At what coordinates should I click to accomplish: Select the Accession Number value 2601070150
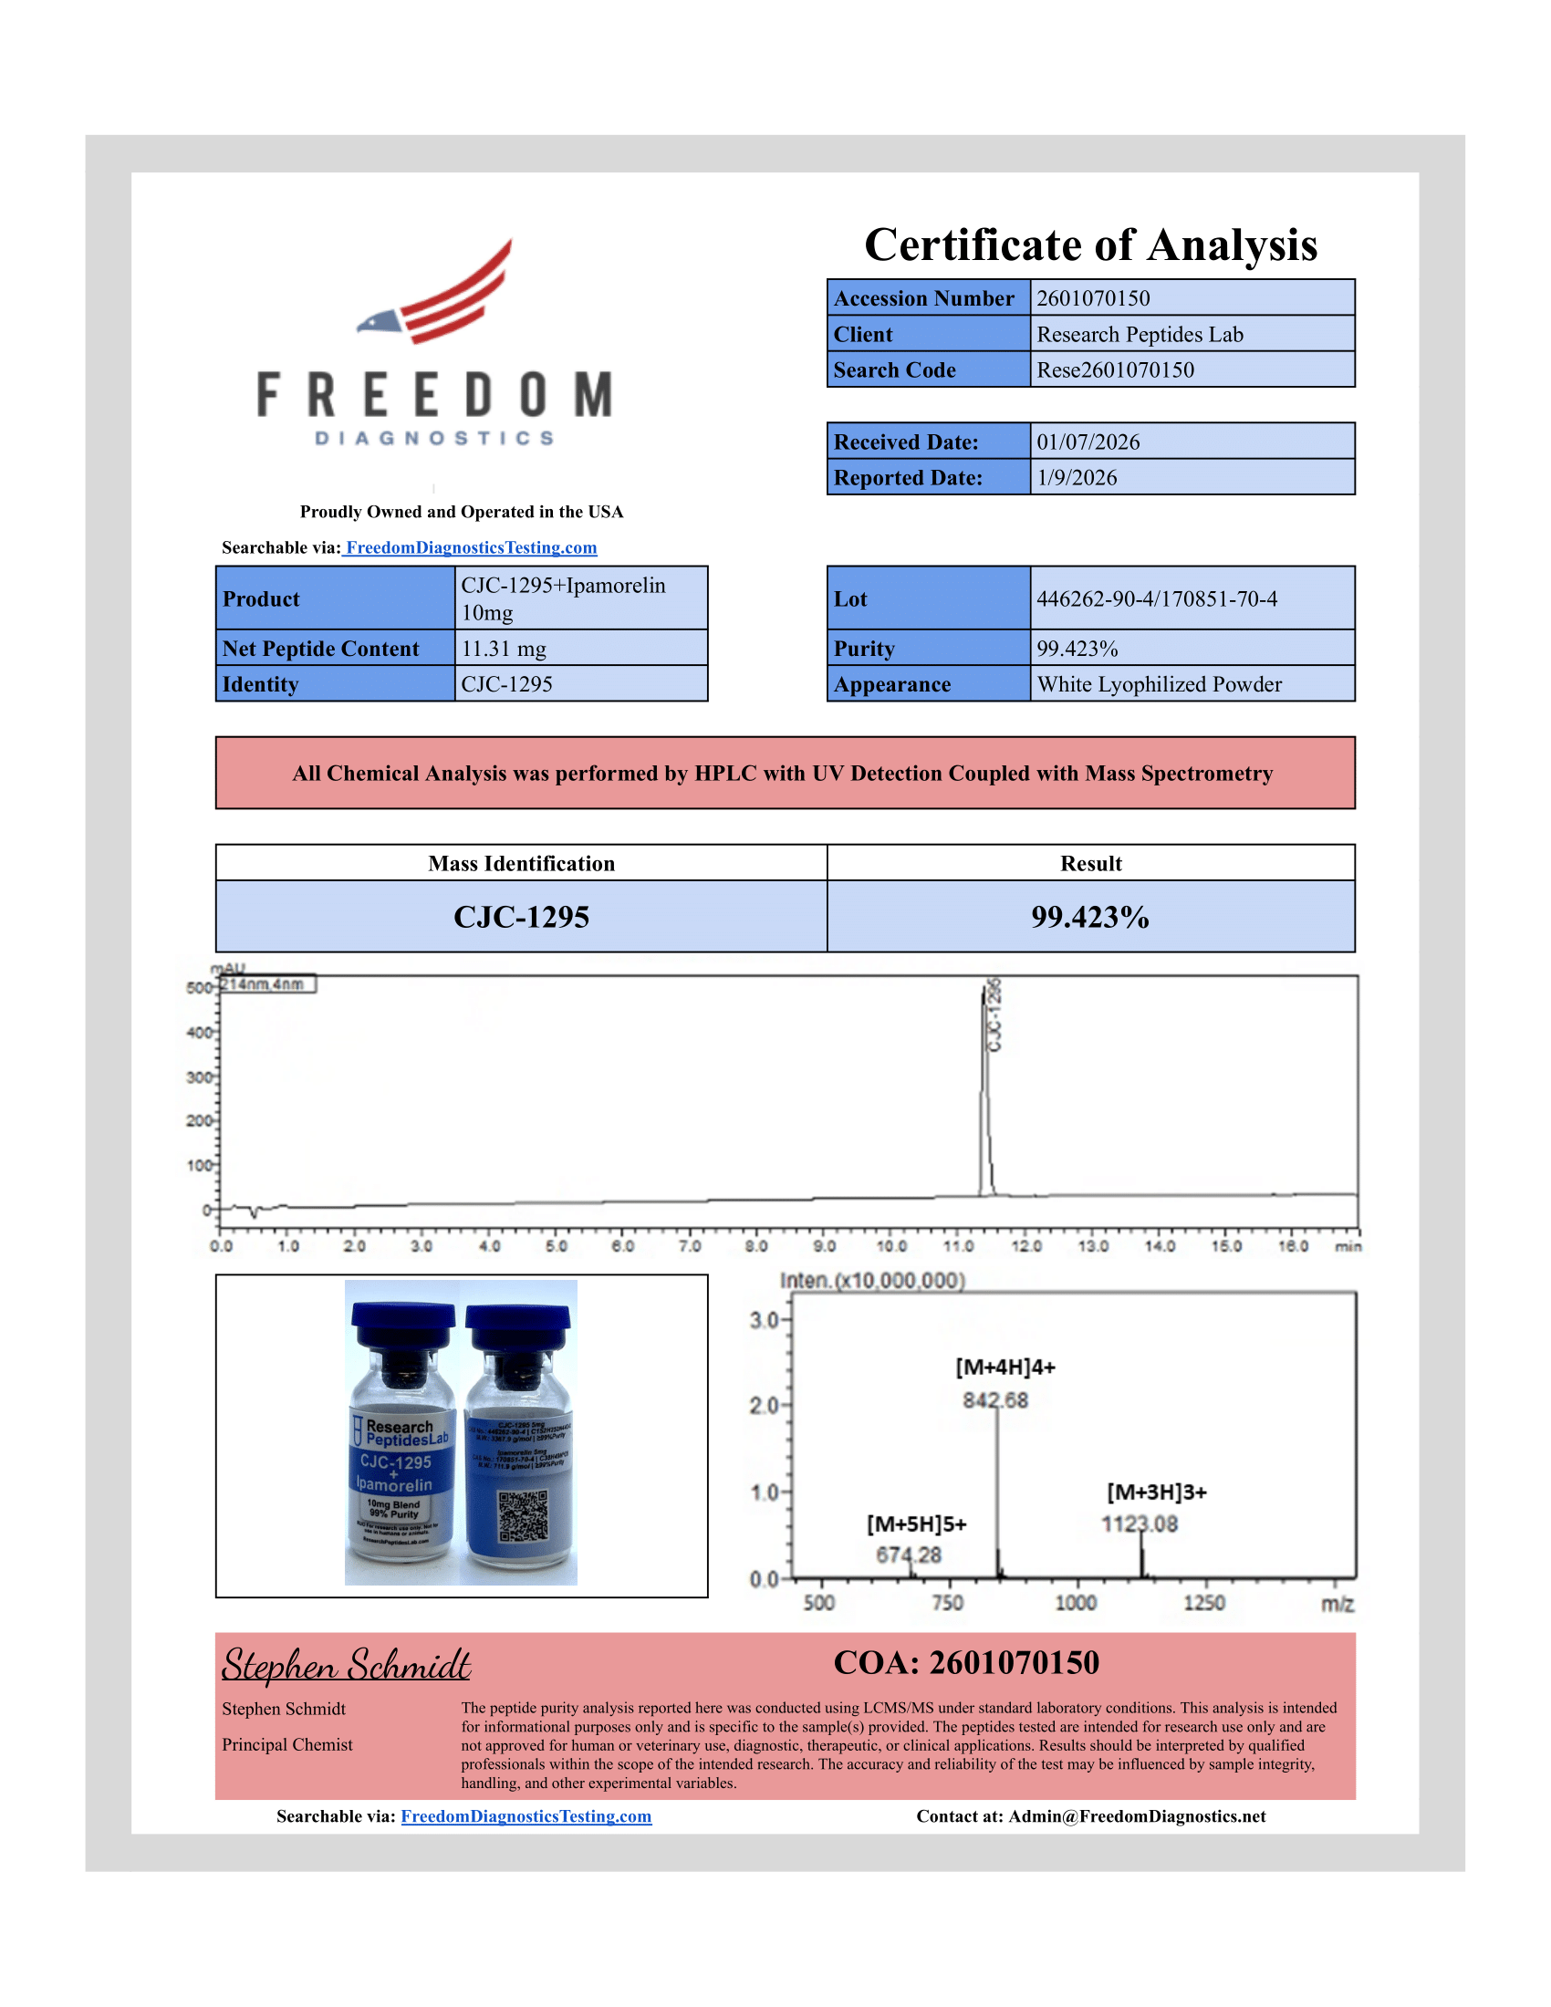pos(1092,298)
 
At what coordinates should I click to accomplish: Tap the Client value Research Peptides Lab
pos(1140,335)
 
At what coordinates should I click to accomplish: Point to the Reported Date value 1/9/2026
pos(1077,478)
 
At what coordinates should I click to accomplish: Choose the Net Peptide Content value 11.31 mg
pos(504,649)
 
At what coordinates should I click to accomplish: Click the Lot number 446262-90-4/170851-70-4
pos(1157,599)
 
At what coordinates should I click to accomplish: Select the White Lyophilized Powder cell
pos(1160,684)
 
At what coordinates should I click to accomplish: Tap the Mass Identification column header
pos(521,864)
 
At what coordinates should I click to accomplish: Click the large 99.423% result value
pos(1089,917)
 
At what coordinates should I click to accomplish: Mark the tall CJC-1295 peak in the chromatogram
pos(985,1085)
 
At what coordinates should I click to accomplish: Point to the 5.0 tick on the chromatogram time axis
pos(556,1246)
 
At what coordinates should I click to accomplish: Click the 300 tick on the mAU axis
pos(200,1077)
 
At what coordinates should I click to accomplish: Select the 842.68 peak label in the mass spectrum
pos(995,1400)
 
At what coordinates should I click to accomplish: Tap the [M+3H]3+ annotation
pos(1156,1492)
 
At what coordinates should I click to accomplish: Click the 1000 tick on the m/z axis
pos(1075,1604)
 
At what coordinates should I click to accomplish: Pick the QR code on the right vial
pos(523,1517)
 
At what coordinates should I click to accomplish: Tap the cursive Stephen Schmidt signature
pos(347,1666)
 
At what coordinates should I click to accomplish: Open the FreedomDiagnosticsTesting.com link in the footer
pos(526,1816)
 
